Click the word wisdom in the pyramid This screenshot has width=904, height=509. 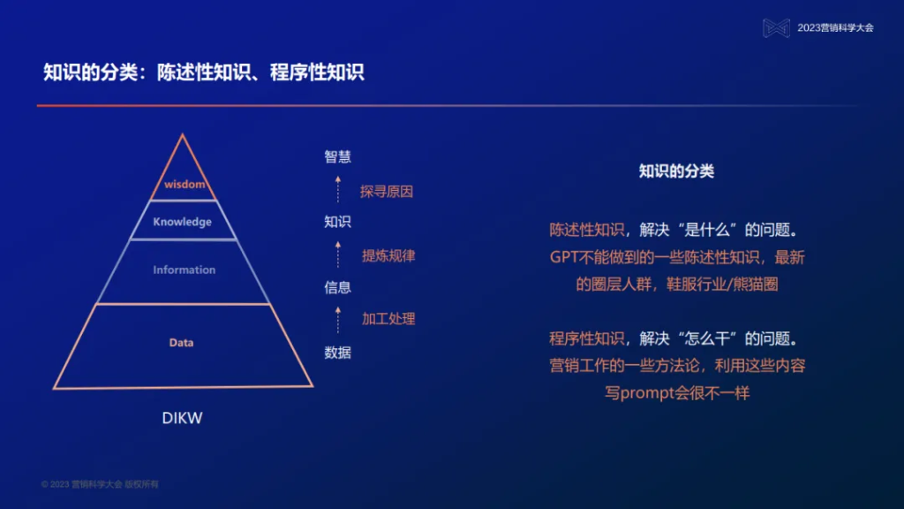click(x=185, y=185)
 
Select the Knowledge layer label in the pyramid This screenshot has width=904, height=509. click(x=183, y=222)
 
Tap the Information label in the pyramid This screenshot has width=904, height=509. click(x=184, y=270)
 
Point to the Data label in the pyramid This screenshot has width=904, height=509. click(x=182, y=343)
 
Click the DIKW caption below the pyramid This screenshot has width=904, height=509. click(x=182, y=418)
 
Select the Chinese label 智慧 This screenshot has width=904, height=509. click(x=337, y=157)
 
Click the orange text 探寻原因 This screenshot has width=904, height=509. click(x=387, y=191)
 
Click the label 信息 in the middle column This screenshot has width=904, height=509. click(x=337, y=287)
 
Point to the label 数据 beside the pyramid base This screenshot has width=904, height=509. click(x=337, y=353)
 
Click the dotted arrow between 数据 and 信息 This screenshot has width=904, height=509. click(x=337, y=320)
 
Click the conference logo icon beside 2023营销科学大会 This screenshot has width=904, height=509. click(x=776, y=28)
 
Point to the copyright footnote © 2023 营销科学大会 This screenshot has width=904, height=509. click(x=100, y=484)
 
